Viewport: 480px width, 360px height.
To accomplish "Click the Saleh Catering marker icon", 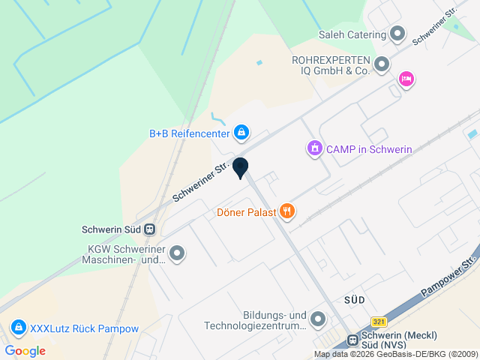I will click(x=397, y=34).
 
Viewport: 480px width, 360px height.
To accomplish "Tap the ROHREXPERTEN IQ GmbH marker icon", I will click(x=382, y=64).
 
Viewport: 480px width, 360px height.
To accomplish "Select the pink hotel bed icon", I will click(x=406, y=79).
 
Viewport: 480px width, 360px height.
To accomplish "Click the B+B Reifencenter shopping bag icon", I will click(x=241, y=133).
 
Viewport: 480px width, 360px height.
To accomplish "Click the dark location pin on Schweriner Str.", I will click(x=240, y=168).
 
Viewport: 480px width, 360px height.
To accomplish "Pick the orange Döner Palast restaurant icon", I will click(x=287, y=211).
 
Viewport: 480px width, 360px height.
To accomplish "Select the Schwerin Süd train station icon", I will click(x=150, y=229).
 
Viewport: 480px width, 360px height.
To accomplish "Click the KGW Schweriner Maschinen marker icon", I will click(x=177, y=254).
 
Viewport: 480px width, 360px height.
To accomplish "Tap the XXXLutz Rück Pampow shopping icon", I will click(x=18, y=328).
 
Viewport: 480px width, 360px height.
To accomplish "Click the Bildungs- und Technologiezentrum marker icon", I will click(x=318, y=320).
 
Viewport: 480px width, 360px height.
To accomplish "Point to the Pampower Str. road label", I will click(x=449, y=278).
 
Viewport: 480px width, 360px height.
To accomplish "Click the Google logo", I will click(x=25, y=351).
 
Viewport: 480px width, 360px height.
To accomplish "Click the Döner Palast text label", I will click(x=246, y=211).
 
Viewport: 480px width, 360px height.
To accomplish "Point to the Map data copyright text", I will click(x=395, y=355).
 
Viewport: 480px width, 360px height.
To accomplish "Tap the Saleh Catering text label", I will click(x=352, y=34).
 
